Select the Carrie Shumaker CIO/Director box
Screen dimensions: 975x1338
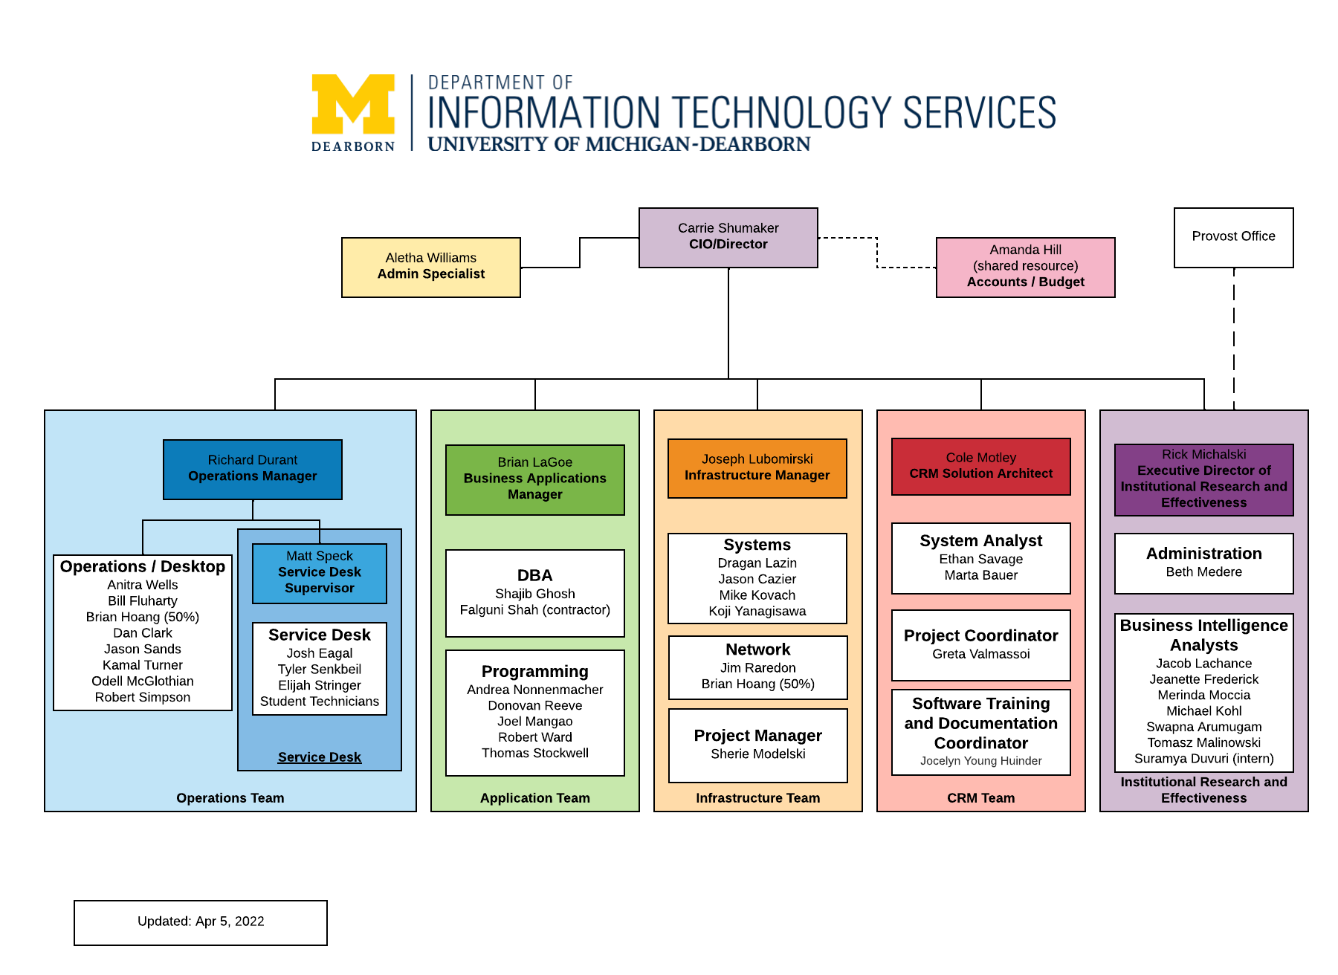[x=728, y=237]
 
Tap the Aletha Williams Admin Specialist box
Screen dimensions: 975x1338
[x=430, y=267]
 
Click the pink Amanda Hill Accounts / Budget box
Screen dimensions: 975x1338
[x=1025, y=267]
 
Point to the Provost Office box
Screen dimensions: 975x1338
[x=1233, y=237]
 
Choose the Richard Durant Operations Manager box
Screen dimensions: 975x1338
[x=252, y=469]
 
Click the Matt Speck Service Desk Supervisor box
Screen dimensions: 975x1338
[x=319, y=572]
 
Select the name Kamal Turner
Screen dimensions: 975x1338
[x=142, y=665]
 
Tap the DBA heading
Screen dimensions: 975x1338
[x=534, y=575]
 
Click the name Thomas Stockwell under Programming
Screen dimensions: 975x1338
[x=534, y=753]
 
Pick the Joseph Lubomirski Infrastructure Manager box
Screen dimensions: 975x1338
[x=757, y=467]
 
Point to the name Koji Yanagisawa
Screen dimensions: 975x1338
[x=757, y=611]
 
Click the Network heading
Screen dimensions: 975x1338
[x=757, y=650]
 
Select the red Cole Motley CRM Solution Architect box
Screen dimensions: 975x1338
[x=980, y=466]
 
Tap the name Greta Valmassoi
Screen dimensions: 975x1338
[x=980, y=654]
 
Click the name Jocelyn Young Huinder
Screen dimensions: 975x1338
[x=980, y=761]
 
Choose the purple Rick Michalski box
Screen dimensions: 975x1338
[x=1203, y=479]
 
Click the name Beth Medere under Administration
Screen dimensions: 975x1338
[x=1203, y=572]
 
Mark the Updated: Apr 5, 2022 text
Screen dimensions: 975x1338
[x=201, y=921]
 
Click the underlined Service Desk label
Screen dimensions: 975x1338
[x=319, y=757]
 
